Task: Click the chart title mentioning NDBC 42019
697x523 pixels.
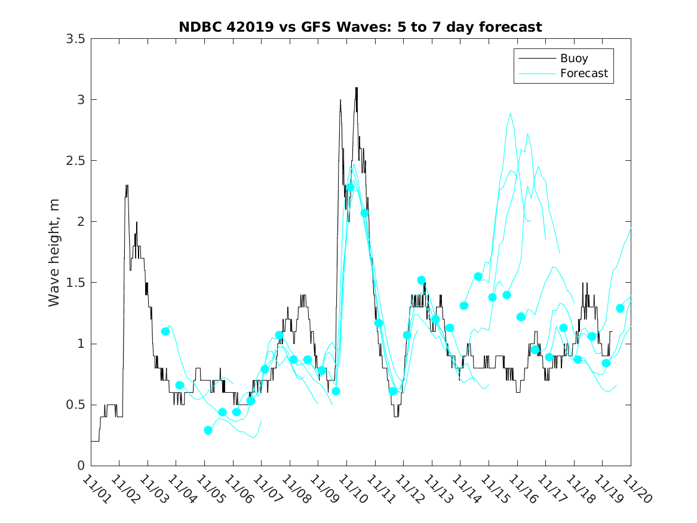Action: click(360, 27)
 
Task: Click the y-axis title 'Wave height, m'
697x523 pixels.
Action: click(54, 252)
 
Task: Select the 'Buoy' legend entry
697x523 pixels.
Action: click(574, 59)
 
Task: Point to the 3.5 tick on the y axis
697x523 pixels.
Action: click(78, 38)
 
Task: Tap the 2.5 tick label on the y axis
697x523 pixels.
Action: click(78, 161)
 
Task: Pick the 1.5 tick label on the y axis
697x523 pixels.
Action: click(78, 283)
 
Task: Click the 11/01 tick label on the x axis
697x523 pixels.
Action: click(96, 489)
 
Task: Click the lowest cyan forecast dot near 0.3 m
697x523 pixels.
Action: click(208, 430)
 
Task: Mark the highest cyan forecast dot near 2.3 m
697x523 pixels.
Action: click(351, 187)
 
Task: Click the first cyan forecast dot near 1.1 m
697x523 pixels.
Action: click(165, 331)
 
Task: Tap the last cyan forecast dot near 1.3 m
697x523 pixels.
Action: click(620, 308)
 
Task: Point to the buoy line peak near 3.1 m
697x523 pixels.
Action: click(356, 88)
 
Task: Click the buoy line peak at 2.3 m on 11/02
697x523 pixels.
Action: click(127, 185)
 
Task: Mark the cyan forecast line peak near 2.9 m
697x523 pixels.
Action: click(510, 114)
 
